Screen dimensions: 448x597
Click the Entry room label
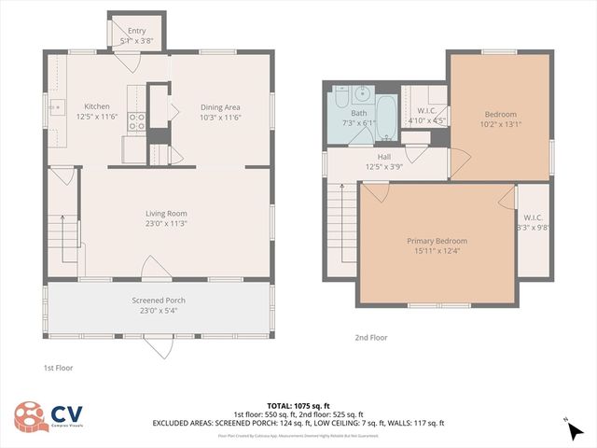pos(137,31)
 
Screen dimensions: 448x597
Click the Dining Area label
pos(220,106)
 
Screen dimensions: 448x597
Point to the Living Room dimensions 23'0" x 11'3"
pos(165,224)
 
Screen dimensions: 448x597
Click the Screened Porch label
pos(158,300)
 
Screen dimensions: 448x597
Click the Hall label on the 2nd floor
pos(383,157)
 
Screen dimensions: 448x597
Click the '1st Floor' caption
pos(58,368)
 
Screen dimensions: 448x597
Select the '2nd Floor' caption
pos(370,337)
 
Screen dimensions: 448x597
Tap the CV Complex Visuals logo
pos(48,416)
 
